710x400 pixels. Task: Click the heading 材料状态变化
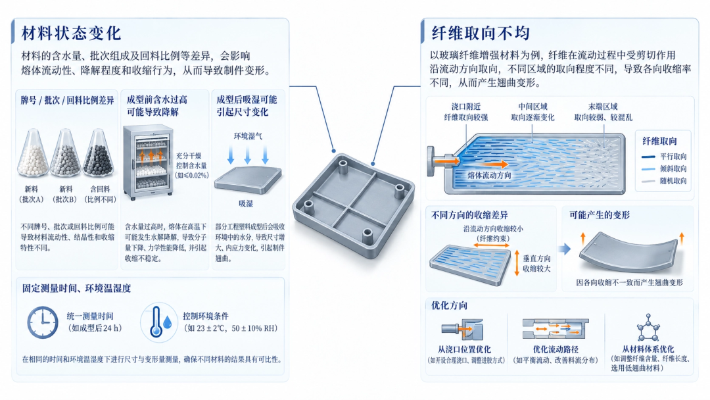pyautogui.click(x=71, y=33)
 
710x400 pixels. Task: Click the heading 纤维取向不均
pyautogui.click(x=481, y=33)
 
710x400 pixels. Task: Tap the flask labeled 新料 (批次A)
pyautogui.click(x=32, y=153)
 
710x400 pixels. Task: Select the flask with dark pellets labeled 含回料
pyautogui.click(x=98, y=153)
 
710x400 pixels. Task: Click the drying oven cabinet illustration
pyautogui.click(x=149, y=162)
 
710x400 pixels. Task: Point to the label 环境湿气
pyautogui.click(x=248, y=136)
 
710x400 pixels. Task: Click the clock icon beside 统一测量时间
pyautogui.click(x=43, y=322)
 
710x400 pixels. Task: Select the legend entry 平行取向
pyautogui.click(x=664, y=157)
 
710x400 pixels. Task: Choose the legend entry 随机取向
pyautogui.click(x=664, y=181)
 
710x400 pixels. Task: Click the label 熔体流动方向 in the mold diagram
pyautogui.click(x=489, y=175)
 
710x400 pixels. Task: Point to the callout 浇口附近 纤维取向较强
pyautogui.click(x=466, y=112)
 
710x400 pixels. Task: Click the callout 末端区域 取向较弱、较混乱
pyautogui.click(x=603, y=112)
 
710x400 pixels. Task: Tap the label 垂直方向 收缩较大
pyautogui.click(x=537, y=263)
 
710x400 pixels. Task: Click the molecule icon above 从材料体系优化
pyautogui.click(x=648, y=328)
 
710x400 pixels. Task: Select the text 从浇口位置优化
pyautogui.click(x=464, y=349)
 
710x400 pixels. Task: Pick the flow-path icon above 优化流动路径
pyautogui.click(x=555, y=328)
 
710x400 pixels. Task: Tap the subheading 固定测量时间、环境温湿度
pyautogui.click(x=76, y=288)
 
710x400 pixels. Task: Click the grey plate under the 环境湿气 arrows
pyautogui.click(x=248, y=180)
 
